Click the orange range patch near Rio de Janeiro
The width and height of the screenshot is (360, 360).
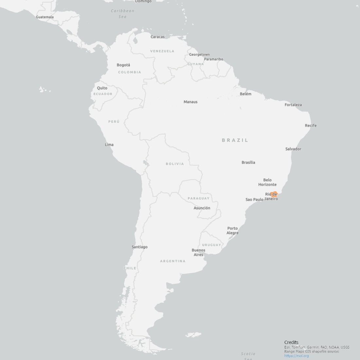274,194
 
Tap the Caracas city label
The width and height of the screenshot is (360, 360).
157,37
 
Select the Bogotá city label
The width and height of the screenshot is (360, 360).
123,65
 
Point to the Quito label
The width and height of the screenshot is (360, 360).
102,88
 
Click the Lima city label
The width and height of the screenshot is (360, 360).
109,145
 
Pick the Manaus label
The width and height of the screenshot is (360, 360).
190,102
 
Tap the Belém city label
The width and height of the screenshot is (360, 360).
245,94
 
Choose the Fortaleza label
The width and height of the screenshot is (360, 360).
293,105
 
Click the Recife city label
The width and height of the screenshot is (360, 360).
311,126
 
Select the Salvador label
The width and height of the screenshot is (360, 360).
293,149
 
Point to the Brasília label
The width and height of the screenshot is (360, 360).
248,162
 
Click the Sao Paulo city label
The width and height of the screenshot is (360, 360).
254,200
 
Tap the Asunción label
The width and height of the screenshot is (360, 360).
202,208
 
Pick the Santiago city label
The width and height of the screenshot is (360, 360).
139,247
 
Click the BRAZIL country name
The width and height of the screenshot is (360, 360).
235,140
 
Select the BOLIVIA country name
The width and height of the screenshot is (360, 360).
175,164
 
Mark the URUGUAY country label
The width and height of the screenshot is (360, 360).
211,245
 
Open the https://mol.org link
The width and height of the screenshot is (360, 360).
297,356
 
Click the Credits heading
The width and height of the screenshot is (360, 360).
291,342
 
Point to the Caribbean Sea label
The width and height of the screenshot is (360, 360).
122,13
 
